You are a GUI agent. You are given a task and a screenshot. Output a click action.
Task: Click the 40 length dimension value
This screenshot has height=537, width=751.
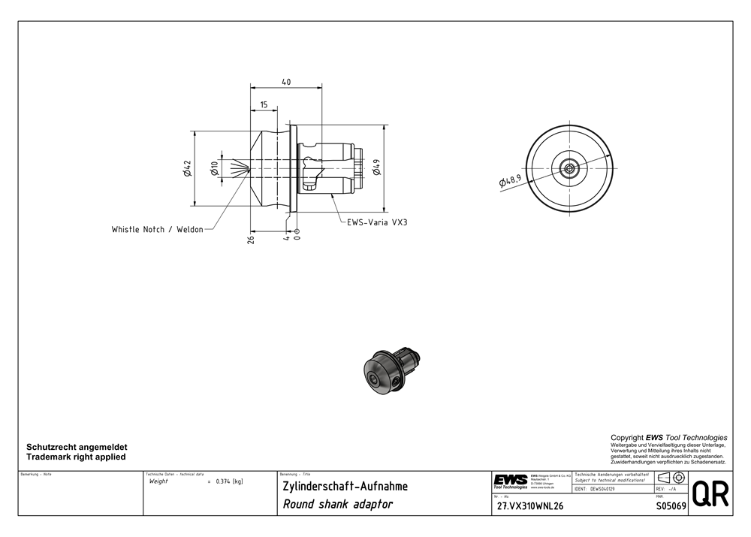pos(286,82)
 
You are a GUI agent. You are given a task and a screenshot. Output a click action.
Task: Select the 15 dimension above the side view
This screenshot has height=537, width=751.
pos(264,104)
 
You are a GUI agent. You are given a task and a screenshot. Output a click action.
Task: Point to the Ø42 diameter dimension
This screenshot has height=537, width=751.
pos(187,168)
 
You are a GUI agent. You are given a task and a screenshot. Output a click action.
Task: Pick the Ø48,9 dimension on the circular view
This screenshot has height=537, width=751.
pos(511,180)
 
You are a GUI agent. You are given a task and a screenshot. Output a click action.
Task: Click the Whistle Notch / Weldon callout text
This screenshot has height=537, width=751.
pos(157,229)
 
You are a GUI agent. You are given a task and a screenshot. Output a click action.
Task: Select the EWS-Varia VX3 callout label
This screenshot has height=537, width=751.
pos(377,222)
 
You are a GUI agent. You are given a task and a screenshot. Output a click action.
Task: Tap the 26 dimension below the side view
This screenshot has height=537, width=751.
pos(251,239)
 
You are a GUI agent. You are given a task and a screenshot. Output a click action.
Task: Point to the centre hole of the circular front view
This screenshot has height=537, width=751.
pos(570,168)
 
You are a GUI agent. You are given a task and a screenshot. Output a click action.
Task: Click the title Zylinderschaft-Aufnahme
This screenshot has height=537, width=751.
pos(345,486)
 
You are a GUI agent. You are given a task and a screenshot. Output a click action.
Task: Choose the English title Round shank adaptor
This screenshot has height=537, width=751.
pos(337,504)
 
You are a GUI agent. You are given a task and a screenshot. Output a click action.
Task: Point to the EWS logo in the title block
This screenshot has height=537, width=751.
pos(510,481)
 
